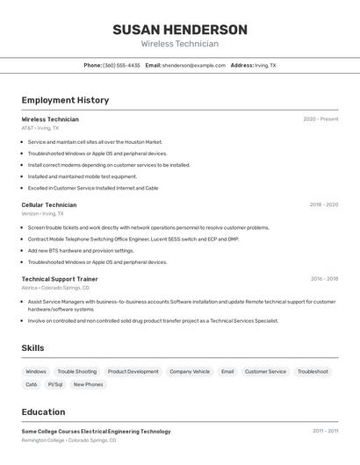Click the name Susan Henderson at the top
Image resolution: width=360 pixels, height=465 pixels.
pos(180,30)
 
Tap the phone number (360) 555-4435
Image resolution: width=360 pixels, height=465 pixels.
pos(121,65)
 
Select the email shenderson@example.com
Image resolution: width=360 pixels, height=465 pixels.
pos(193,65)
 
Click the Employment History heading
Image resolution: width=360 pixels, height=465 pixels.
pos(65,100)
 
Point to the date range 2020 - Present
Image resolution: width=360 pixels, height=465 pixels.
pos(320,119)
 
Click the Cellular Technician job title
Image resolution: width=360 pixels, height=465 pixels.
pos(49,204)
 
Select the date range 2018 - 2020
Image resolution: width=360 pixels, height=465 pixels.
pos(323,204)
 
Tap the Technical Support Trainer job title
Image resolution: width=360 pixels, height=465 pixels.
pos(60,279)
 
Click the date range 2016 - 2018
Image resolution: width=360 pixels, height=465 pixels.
pos(324,279)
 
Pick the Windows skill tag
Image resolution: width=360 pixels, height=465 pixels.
pos(36,371)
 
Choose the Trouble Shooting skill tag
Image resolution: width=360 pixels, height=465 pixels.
pos(77,371)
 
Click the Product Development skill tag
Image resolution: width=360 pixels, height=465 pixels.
pos(133,371)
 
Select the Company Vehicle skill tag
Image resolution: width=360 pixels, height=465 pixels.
pos(190,371)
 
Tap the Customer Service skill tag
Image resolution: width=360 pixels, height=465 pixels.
pos(265,371)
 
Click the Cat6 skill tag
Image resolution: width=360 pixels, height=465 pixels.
pos(32,384)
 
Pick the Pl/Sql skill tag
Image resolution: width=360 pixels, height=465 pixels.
pos(55,384)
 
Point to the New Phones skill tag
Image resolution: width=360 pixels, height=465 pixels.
pos(88,384)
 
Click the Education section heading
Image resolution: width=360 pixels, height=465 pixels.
pos(43,412)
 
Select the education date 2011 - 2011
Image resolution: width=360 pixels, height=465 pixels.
pos(325,431)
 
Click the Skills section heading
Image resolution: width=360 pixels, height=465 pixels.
pos(32,348)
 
